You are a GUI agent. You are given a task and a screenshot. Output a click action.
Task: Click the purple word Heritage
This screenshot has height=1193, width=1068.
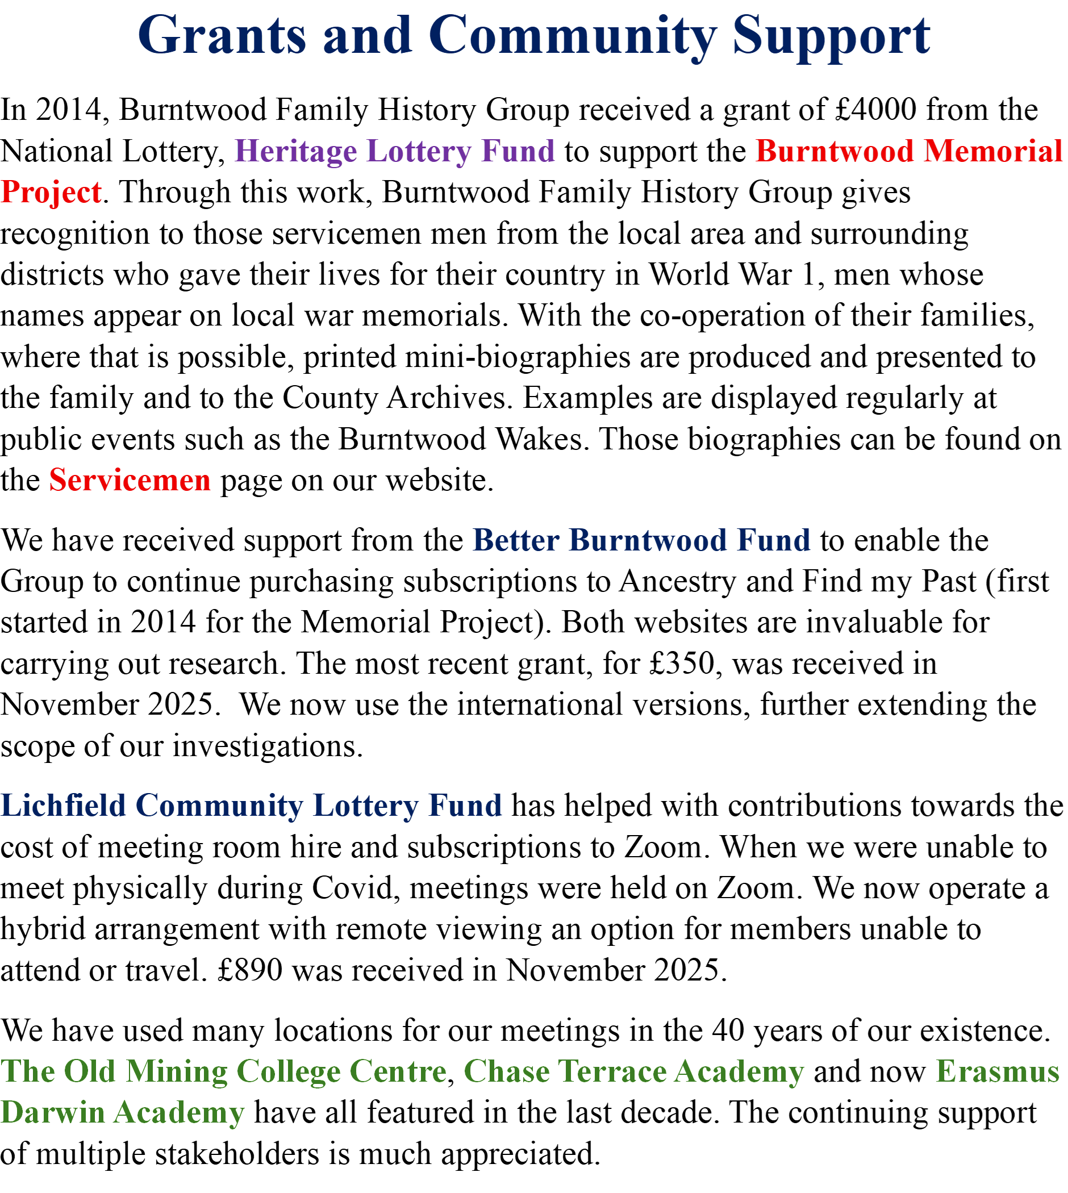coord(296,152)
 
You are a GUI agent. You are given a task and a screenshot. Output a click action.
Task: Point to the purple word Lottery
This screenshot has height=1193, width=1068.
coord(419,152)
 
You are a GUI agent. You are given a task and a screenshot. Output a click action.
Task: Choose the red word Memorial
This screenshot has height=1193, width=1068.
coord(994,152)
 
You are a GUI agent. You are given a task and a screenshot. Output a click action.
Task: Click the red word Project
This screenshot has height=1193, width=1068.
coord(51,192)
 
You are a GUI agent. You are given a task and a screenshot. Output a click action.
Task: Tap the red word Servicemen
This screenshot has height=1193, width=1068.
coord(130,480)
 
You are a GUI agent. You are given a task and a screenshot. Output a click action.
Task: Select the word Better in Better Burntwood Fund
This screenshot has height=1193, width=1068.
coord(516,540)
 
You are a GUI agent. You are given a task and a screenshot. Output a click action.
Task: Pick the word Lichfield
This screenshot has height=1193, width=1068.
coord(64,805)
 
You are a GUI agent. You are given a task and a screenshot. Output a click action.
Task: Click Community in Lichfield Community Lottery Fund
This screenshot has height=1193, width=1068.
coord(219,805)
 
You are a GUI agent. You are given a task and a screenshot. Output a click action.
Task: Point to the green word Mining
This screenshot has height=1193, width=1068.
coord(177,1071)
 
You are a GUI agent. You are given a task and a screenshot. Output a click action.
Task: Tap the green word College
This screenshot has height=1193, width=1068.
coord(289,1071)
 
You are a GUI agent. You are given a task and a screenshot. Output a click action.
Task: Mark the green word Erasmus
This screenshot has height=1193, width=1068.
coord(998,1071)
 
